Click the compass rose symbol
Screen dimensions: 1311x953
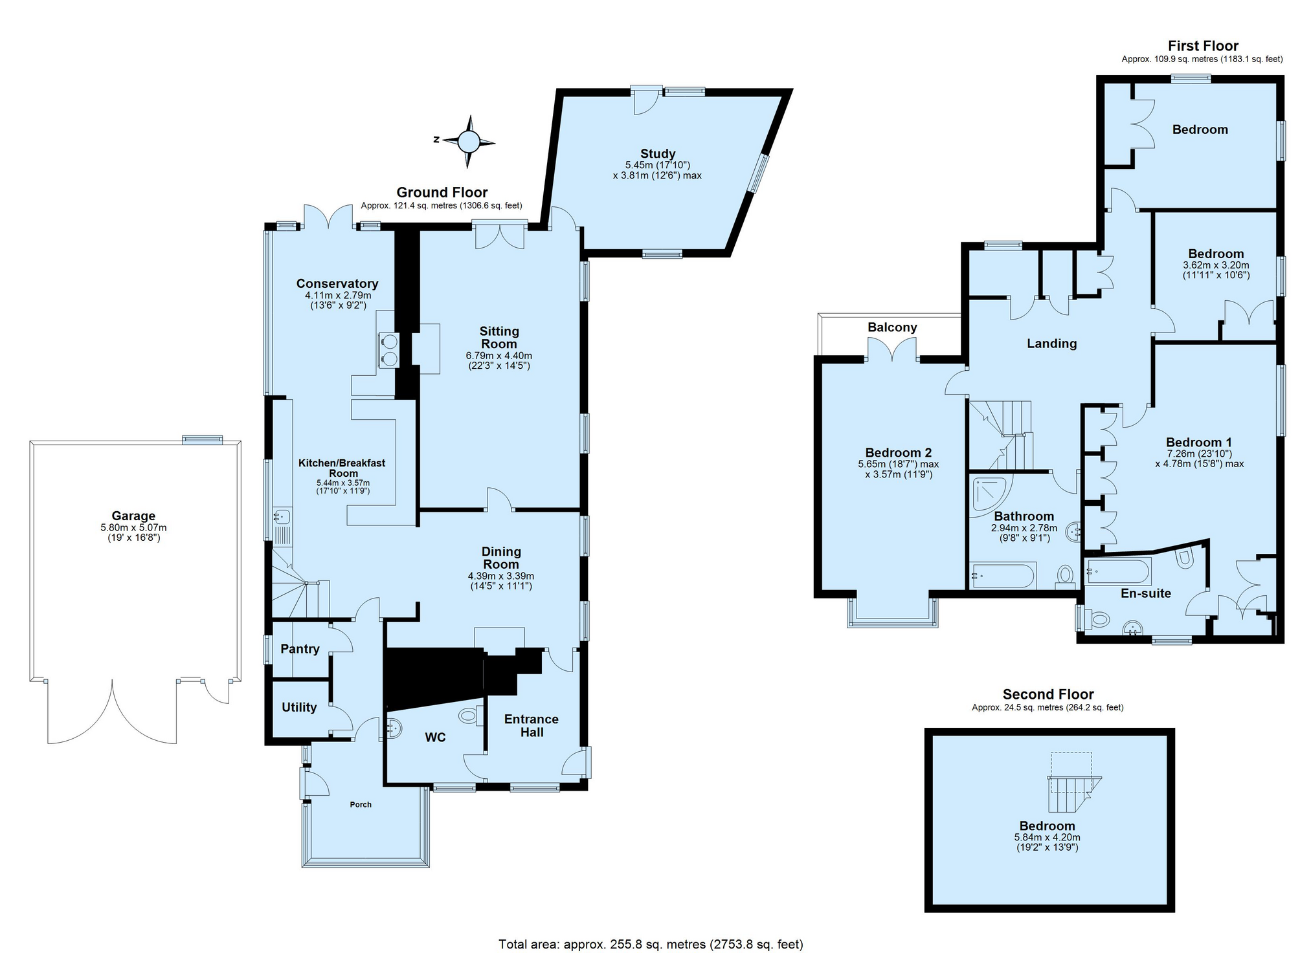click(469, 141)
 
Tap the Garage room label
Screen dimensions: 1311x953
click(133, 516)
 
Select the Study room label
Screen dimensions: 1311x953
click(658, 153)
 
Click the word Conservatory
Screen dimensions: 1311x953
click(337, 283)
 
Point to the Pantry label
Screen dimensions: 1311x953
click(300, 649)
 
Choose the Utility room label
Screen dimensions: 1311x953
click(299, 707)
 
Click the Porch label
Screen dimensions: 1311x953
click(361, 805)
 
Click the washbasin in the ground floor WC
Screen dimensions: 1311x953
click(394, 728)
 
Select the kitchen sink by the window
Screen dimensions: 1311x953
click(282, 516)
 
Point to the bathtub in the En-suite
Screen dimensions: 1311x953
click(1118, 571)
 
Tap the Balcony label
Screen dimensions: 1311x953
click(892, 327)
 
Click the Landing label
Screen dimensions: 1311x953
click(1051, 344)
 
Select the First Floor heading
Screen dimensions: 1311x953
click(1203, 46)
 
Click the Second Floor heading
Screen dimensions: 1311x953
click(1048, 694)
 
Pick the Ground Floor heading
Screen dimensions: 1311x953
click(442, 192)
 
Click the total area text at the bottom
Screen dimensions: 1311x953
click(651, 944)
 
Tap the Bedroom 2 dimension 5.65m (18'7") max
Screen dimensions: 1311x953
click(898, 464)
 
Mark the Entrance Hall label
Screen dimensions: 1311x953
click(532, 725)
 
